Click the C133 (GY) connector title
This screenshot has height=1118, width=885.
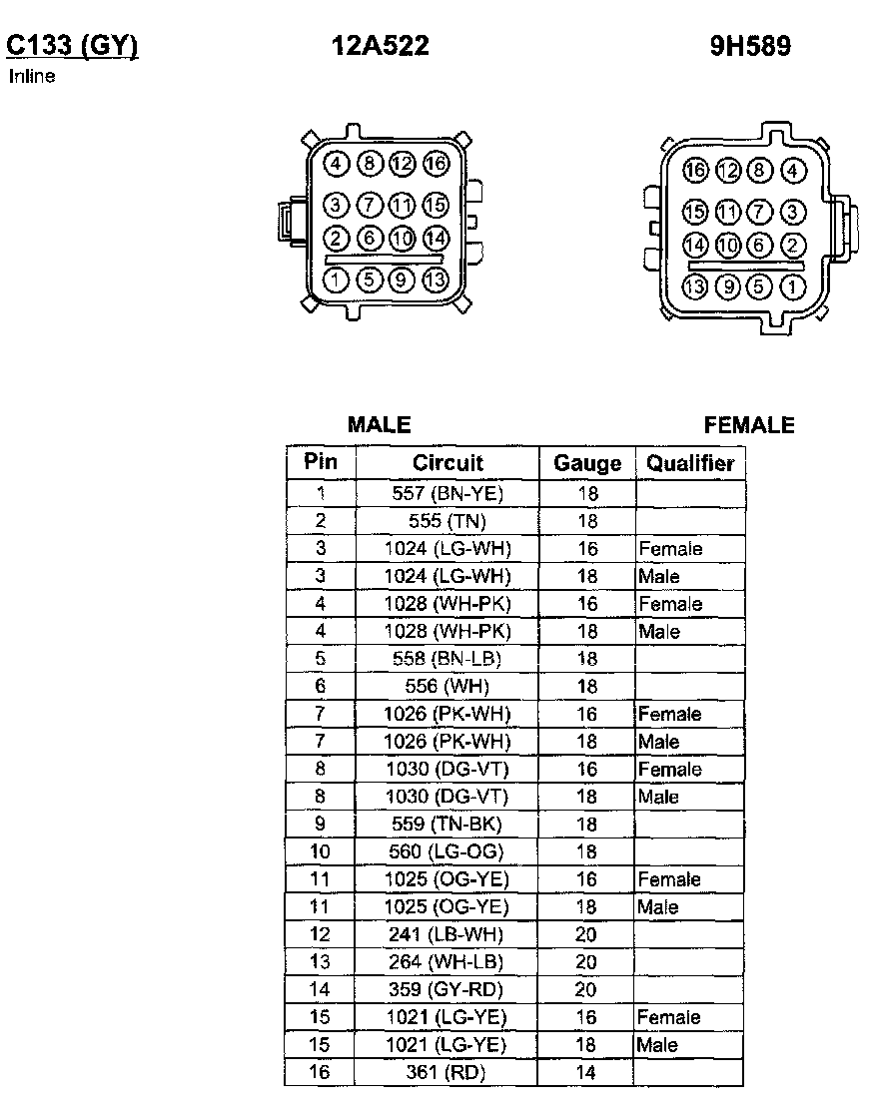pyautogui.click(x=71, y=46)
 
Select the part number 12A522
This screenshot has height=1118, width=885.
pyautogui.click(x=380, y=46)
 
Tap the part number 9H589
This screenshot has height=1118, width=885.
pyautogui.click(x=750, y=47)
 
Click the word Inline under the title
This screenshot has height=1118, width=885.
pyautogui.click(x=32, y=76)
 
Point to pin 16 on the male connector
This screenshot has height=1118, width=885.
pyautogui.click(x=436, y=164)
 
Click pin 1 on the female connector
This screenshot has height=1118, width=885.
pyautogui.click(x=792, y=288)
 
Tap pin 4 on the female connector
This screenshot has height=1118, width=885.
pyautogui.click(x=792, y=171)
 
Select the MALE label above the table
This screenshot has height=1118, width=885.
pyautogui.click(x=379, y=425)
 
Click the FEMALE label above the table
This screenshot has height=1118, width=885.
pyautogui.click(x=749, y=426)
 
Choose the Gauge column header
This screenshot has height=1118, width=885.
pyautogui.click(x=587, y=464)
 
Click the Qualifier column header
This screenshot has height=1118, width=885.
pyautogui.click(x=690, y=464)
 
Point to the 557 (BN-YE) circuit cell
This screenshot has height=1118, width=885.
pyautogui.click(x=447, y=493)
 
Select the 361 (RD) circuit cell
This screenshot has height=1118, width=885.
pyautogui.click(x=447, y=1073)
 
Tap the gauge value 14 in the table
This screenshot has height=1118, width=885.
pyautogui.click(x=586, y=1073)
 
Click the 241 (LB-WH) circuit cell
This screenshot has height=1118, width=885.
pyautogui.click(x=447, y=935)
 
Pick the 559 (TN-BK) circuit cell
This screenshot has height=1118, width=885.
pyautogui.click(x=447, y=825)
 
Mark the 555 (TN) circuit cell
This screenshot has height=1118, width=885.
pyautogui.click(x=447, y=521)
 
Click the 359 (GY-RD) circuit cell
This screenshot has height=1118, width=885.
pyautogui.click(x=447, y=990)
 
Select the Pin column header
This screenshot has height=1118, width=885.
pyautogui.click(x=321, y=462)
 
